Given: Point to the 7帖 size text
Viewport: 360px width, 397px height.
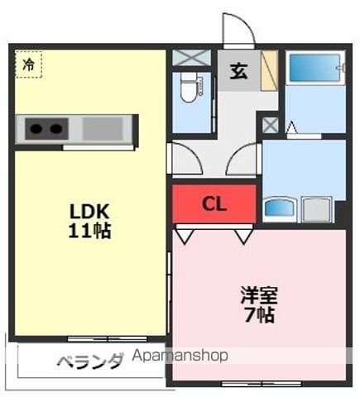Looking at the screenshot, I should click(x=259, y=315).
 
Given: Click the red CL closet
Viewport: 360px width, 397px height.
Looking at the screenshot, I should click(x=214, y=203).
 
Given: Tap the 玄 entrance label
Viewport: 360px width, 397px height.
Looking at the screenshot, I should click(x=238, y=70).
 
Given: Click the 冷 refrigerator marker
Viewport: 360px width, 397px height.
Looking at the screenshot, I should click(x=28, y=64).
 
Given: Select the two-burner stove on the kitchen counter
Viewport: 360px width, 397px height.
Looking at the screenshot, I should click(x=46, y=128).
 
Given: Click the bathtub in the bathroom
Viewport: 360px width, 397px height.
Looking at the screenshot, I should click(x=315, y=68).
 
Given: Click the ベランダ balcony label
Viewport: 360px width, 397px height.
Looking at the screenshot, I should click(x=89, y=361).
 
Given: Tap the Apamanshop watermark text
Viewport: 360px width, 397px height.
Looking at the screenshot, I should click(x=180, y=356).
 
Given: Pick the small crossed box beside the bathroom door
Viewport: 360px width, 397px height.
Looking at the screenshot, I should click(x=270, y=126).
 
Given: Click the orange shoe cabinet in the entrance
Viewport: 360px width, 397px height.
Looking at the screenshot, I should click(x=270, y=70).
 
